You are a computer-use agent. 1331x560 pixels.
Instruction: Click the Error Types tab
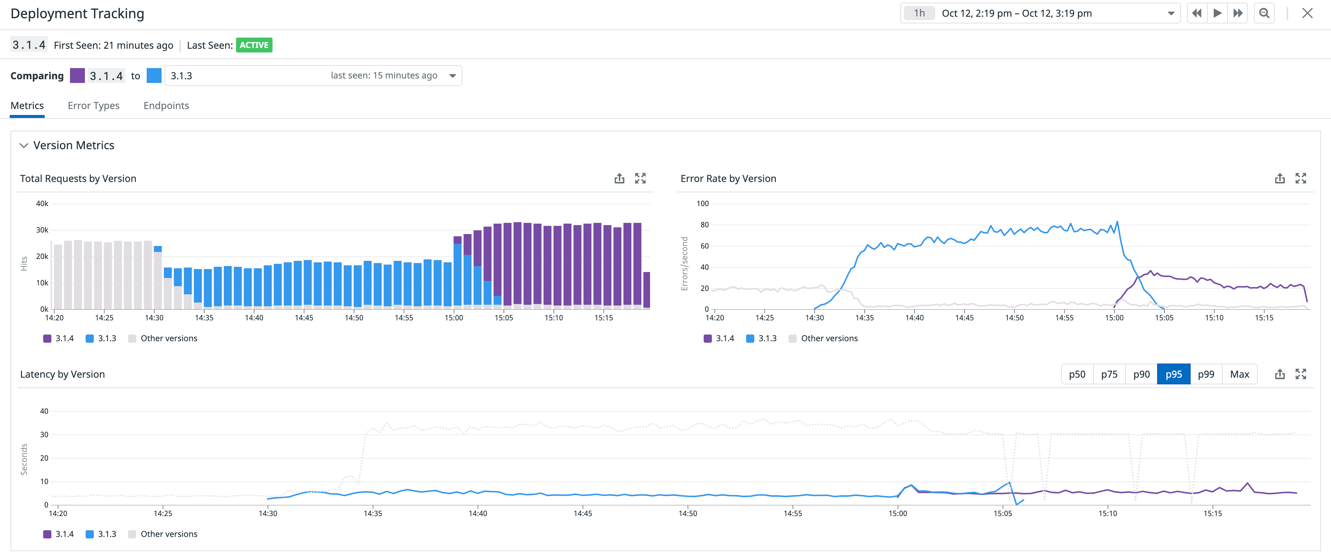93,105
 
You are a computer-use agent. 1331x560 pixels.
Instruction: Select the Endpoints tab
166,105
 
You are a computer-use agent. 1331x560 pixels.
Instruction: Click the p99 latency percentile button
1206,374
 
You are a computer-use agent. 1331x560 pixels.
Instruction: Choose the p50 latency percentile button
1077,374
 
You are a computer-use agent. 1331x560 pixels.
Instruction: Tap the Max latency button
1239,374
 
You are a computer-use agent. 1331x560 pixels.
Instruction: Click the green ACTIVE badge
254,45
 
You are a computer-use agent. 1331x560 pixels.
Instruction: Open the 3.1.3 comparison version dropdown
313,76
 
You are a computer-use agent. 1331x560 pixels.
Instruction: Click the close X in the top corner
1307,13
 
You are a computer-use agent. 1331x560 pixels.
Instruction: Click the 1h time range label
919,13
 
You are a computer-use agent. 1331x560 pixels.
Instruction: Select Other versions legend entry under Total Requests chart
163,338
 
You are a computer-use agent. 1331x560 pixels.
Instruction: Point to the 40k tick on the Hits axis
42,204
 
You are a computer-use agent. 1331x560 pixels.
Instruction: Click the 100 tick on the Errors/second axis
702,204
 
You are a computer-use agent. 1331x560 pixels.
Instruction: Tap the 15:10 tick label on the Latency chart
1107,513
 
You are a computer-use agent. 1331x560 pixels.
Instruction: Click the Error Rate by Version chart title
728,179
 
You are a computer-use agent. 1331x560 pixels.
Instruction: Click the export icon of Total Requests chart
619,179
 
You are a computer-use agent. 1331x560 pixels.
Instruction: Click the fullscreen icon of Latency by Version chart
1300,374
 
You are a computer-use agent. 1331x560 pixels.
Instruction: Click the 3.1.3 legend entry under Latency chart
101,534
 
